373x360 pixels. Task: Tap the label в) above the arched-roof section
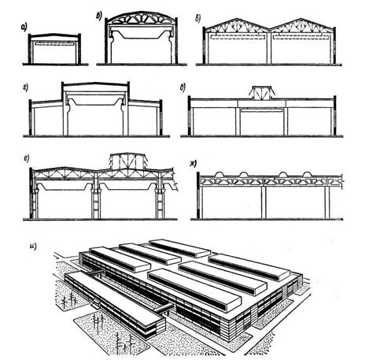(x=100, y=13)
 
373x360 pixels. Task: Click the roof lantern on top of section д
(x=260, y=92)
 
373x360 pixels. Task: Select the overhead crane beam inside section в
(x=142, y=34)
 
